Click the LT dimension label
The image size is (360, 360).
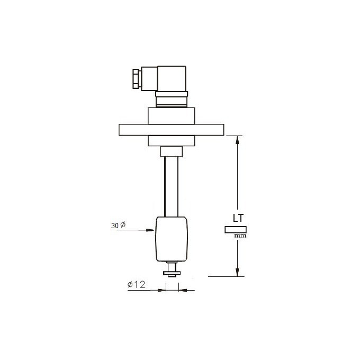pyautogui.click(x=238, y=218)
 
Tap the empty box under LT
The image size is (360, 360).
pyautogui.click(x=236, y=230)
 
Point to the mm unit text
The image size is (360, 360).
pyautogui.click(x=240, y=236)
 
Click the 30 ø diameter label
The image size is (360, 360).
pyautogui.click(x=118, y=225)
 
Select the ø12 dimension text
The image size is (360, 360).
pyautogui.click(x=136, y=285)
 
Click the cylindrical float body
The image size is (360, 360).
pyautogui.click(x=172, y=239)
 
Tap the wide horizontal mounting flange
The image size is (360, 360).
pyautogui.click(x=172, y=130)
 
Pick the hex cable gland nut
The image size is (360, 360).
pyautogui.click(x=136, y=79)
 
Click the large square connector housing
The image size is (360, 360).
pyautogui.click(x=172, y=78)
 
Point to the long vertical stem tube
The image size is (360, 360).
pyautogui.click(x=172, y=187)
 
